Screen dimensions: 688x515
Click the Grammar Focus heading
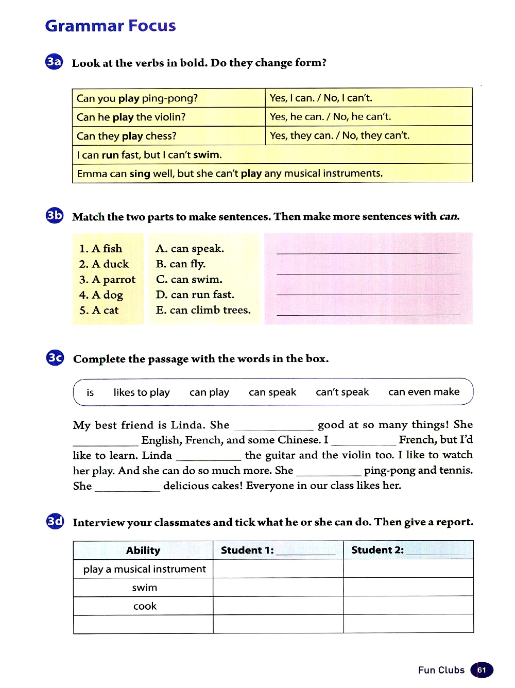point(110,26)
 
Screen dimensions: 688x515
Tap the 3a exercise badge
point(54,62)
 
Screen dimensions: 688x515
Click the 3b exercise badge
point(55,215)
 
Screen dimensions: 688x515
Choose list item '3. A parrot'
point(107,280)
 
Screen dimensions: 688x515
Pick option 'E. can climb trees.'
point(203,310)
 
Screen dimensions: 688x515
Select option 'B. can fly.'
point(180,264)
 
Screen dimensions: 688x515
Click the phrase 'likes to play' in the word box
point(142,392)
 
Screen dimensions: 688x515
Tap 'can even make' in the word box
point(424,392)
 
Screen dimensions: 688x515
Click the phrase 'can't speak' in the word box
point(342,392)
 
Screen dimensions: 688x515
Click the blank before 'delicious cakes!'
point(128,487)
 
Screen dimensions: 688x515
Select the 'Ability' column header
point(143,551)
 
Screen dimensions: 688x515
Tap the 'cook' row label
point(145,606)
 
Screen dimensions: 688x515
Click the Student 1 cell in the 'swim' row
point(278,588)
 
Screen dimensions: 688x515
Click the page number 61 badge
point(482,670)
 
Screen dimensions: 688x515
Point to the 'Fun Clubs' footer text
point(441,670)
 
